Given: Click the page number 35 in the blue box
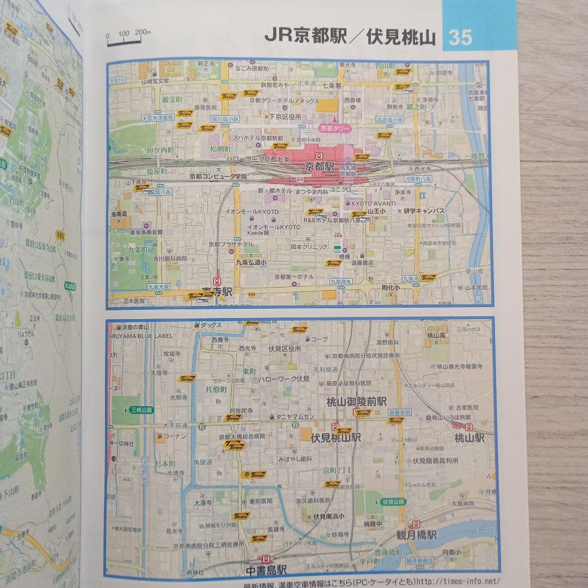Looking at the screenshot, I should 460,38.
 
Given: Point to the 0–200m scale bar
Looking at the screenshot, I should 128,38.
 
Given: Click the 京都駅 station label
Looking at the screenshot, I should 320,166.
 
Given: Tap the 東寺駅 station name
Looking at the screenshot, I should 217,292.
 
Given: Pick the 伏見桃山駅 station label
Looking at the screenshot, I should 336,437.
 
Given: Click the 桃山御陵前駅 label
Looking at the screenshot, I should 356,402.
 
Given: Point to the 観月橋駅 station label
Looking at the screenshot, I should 416,535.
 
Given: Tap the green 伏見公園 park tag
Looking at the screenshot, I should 393,501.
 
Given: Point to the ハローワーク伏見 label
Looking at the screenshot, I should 283,378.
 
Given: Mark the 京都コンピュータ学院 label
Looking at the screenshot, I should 218,176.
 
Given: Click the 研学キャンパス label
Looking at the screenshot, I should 424,211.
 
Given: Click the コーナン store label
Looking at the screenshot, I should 174,436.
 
